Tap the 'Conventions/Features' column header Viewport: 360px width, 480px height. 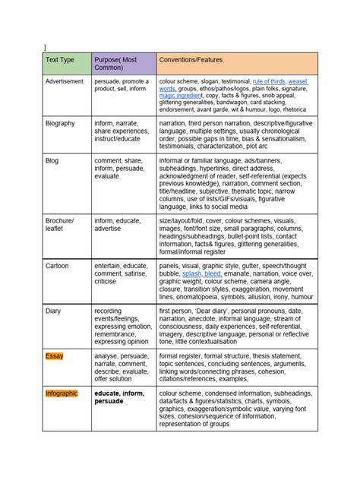(x=190, y=58)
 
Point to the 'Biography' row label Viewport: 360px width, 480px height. (x=59, y=122)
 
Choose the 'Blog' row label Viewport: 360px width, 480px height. (x=52, y=160)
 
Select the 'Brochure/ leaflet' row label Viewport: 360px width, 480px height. (x=59, y=224)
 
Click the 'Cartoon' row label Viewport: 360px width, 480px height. (x=57, y=267)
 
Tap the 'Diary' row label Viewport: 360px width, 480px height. (x=53, y=311)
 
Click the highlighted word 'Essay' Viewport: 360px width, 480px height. (x=54, y=355)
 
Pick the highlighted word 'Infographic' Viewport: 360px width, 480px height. (x=62, y=393)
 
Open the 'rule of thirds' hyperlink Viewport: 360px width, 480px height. (x=269, y=81)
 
